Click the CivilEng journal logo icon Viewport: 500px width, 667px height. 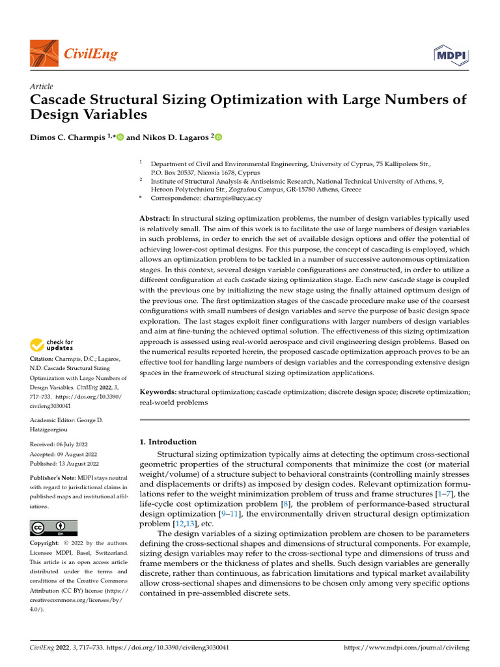point(44,53)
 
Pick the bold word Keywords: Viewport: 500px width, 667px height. point(158,392)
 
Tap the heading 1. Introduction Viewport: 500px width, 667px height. point(169,442)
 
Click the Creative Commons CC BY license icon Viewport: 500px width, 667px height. point(54,528)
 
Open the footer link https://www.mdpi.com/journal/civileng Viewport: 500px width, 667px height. point(406,649)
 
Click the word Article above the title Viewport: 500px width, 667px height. point(42,87)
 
